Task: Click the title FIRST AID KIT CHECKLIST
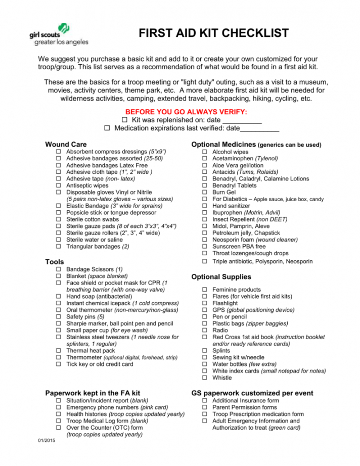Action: (x=214, y=33)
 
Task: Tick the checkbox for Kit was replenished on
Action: (x=125, y=120)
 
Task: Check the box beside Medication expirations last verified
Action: (x=107, y=128)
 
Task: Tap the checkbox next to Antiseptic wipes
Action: (x=59, y=185)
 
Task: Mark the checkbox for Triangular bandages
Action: (x=59, y=247)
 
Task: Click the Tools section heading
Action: (x=55, y=262)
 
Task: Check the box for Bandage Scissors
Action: (x=59, y=269)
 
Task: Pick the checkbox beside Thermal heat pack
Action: (x=59, y=351)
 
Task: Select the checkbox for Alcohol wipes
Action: (x=205, y=152)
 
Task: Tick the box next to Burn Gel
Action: (x=205, y=193)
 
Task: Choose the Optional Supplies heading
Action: (x=221, y=277)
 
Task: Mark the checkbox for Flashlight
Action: (x=205, y=303)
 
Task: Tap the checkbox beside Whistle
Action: (x=205, y=378)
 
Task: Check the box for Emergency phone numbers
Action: (x=59, y=407)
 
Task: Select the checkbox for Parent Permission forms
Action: (x=205, y=407)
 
